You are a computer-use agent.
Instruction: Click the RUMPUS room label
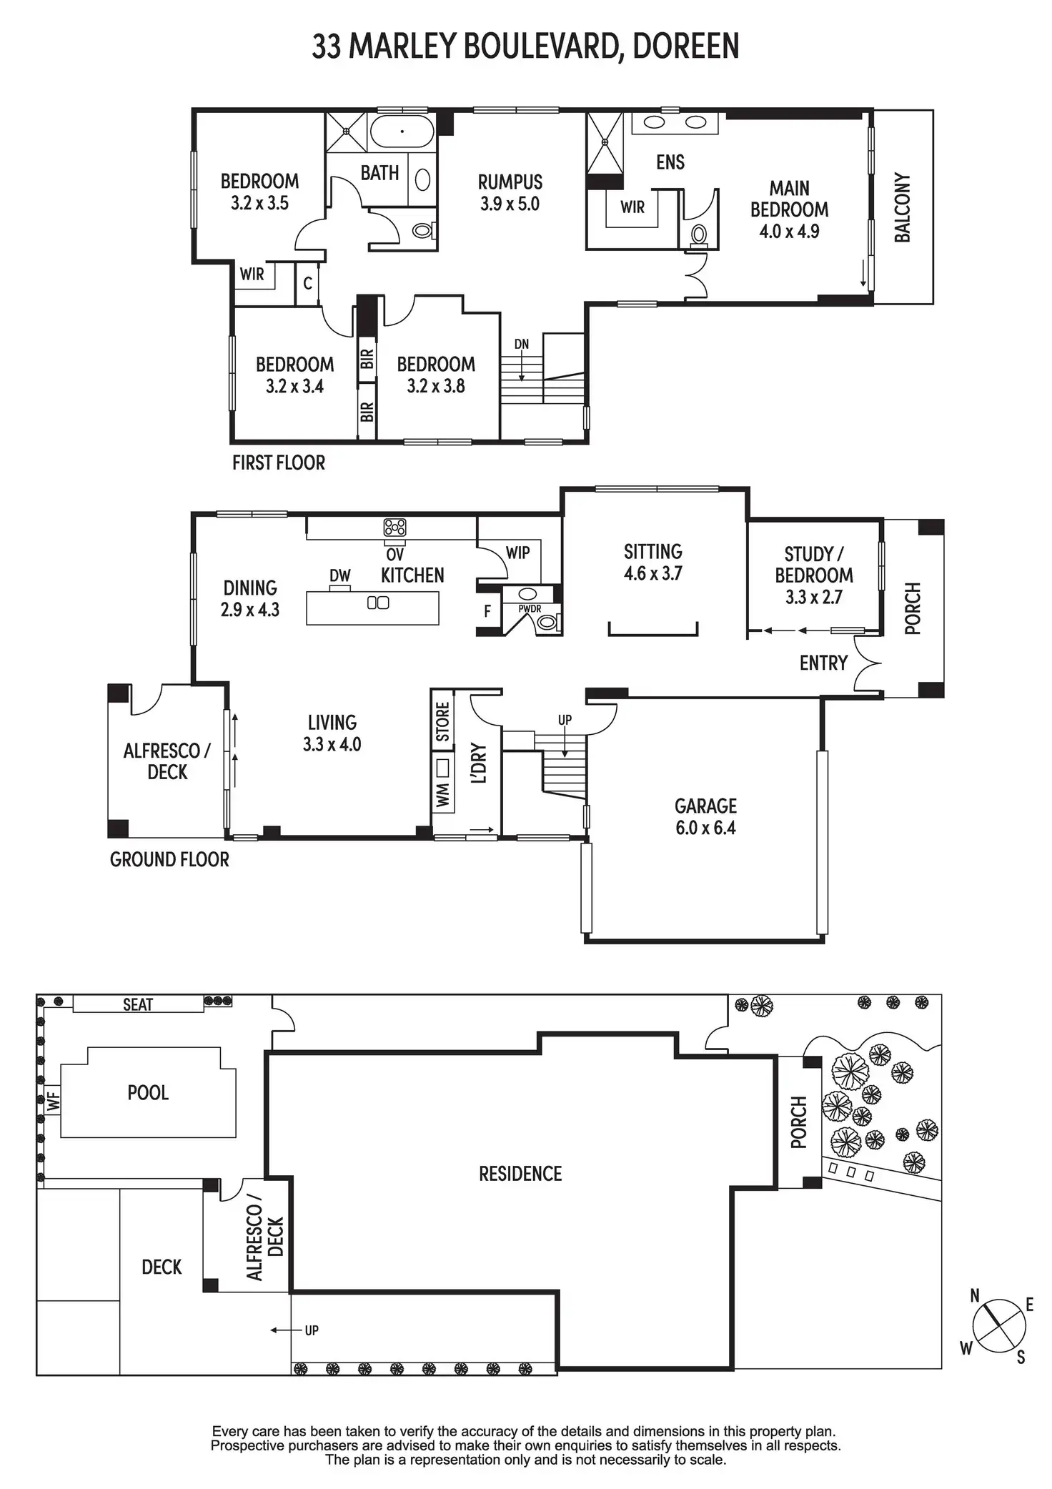[510, 182]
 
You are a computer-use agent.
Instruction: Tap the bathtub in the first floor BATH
[402, 132]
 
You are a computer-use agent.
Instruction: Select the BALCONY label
[903, 207]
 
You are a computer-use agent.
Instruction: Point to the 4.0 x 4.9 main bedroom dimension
[789, 232]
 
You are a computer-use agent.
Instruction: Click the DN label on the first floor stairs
[522, 345]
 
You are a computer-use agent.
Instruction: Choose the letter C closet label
[307, 284]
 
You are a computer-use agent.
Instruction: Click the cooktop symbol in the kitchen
[394, 528]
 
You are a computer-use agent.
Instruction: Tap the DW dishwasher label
[340, 576]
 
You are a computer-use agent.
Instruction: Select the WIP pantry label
[517, 553]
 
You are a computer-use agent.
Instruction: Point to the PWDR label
[530, 609]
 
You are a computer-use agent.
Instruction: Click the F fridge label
[487, 611]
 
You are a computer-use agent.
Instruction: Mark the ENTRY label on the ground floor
[823, 663]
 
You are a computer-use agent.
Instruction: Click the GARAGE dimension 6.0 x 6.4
[705, 828]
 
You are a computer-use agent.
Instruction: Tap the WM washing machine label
[442, 794]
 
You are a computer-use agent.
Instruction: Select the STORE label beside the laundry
[442, 721]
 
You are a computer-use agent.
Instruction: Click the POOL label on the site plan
[148, 1093]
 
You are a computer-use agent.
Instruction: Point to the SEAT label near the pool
[138, 1004]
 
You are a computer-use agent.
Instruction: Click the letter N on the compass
[975, 1296]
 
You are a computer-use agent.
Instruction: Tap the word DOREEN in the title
[685, 46]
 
